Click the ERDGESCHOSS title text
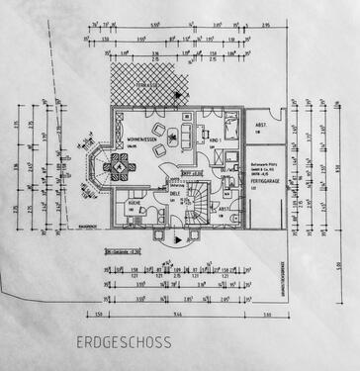point(123,343)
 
